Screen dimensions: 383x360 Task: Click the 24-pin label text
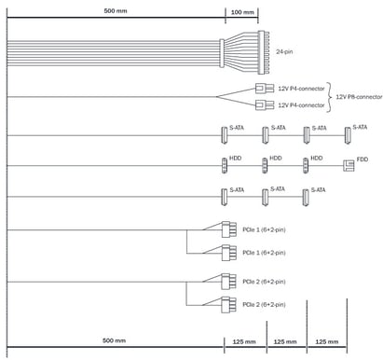coord(284,51)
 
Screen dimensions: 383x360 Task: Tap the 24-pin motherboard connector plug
coord(263,52)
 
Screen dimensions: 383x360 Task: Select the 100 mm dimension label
coord(242,12)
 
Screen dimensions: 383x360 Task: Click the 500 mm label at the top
coord(116,11)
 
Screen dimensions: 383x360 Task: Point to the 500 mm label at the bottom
coord(114,340)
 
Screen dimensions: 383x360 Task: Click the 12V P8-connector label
coord(359,97)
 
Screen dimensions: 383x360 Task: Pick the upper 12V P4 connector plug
coord(265,89)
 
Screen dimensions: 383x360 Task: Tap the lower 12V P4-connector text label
coord(301,105)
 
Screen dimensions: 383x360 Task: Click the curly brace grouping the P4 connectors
coord(329,97)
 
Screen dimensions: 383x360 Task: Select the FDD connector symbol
coord(349,165)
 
